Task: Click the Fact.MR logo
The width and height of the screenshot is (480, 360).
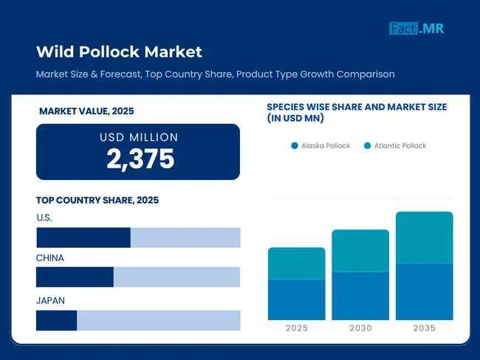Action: coord(416,29)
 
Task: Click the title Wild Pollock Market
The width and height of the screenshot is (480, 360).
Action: coord(119,52)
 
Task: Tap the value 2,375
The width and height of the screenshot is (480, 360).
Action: coord(140,159)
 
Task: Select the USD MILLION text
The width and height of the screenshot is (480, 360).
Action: coord(139,137)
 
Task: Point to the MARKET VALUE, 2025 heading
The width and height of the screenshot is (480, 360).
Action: coord(86,111)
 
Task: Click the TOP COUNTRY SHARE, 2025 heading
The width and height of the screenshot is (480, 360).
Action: coord(97,200)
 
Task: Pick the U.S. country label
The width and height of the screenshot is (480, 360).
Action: coord(44,218)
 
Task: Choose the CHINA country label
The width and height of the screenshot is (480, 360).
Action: coord(50,258)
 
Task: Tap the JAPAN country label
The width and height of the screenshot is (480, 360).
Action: coord(51,300)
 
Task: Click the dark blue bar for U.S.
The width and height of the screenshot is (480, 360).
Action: coord(83,238)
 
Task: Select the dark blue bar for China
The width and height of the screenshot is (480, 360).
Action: coord(75,277)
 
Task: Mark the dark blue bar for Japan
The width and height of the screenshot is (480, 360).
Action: coord(57,320)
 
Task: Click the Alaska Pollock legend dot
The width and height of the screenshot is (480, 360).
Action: coord(295,145)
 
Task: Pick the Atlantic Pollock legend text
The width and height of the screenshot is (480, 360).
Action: coord(400,145)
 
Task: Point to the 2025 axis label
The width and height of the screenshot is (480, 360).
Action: coord(297,328)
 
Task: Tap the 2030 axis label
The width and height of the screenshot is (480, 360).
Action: coord(360,328)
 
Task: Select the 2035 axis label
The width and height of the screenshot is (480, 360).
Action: coord(425,328)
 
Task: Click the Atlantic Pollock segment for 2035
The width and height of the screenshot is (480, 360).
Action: coord(425,238)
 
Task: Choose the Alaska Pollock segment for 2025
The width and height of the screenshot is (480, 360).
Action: coord(297,300)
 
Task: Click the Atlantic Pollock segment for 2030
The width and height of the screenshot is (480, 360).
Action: coord(360,251)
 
